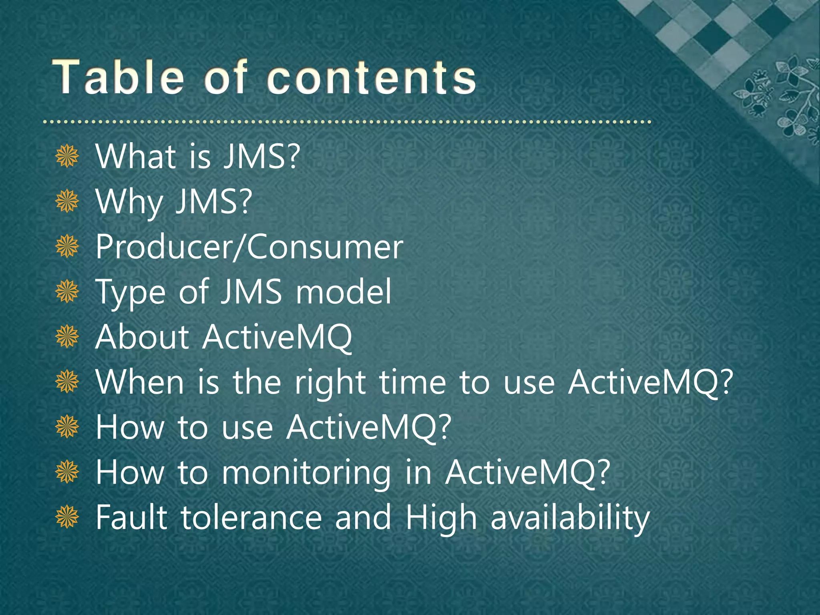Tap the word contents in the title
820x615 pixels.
point(371,77)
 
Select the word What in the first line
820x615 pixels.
point(136,157)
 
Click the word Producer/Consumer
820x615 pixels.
point(249,247)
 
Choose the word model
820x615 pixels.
point(343,292)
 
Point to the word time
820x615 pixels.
point(412,382)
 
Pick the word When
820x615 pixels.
point(140,382)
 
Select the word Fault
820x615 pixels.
point(131,517)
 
